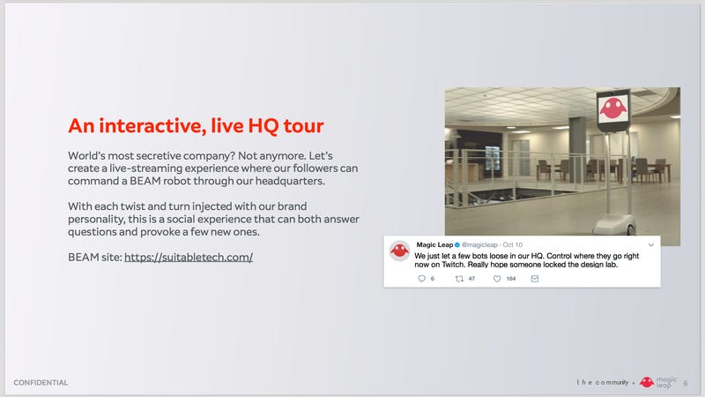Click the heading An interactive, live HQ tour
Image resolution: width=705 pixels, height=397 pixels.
196,125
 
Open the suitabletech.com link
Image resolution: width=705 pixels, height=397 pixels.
189,257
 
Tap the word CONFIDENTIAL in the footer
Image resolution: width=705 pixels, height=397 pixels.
41,383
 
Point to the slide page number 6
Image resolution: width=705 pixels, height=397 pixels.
686,383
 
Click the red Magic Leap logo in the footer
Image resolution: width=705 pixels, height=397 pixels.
647,382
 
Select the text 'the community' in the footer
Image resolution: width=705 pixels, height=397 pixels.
603,382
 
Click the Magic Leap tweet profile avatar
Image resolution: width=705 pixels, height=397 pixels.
399,251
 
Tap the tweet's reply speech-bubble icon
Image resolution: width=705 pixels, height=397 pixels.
421,279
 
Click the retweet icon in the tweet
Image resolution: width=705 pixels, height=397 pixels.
459,279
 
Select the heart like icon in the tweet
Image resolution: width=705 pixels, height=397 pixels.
497,279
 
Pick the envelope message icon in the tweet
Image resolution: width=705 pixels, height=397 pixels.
535,279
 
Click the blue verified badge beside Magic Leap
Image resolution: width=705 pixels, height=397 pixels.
456,245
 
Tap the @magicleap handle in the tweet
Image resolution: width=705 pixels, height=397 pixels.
479,245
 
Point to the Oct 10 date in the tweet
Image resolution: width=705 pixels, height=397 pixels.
513,245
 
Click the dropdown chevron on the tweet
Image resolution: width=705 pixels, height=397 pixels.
651,245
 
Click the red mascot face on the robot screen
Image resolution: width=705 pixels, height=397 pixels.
612,109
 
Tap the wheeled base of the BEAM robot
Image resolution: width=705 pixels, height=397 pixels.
614,224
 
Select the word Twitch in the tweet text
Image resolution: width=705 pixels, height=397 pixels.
452,265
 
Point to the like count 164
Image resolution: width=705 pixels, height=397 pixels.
511,279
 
